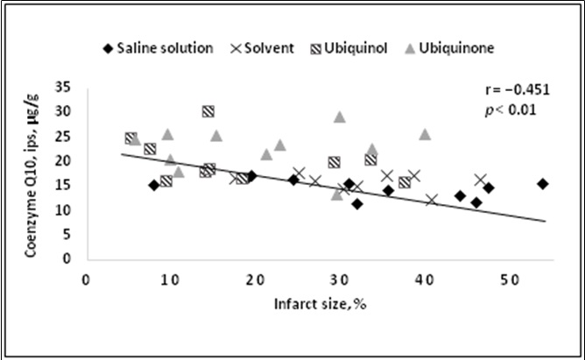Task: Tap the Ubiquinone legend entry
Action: [x=456, y=48]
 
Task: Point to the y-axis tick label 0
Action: [x=67, y=259]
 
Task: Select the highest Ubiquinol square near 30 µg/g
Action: [x=208, y=111]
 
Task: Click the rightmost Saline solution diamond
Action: [x=543, y=184]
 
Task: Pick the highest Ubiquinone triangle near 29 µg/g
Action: [x=340, y=116]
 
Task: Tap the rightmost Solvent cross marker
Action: [x=480, y=180]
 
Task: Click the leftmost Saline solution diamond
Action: [x=154, y=185]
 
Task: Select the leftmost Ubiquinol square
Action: [x=130, y=138]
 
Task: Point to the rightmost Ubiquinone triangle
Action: [x=425, y=134]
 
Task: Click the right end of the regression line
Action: [x=547, y=221]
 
